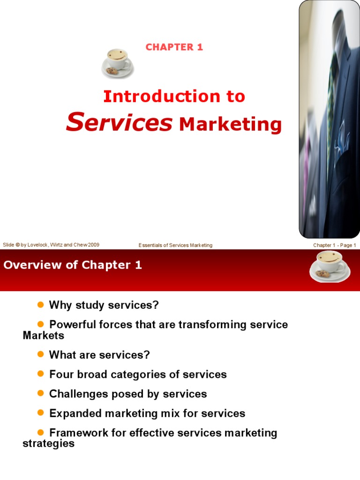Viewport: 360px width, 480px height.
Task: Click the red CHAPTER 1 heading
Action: pos(174,47)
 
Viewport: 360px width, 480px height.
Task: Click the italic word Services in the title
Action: pos(119,122)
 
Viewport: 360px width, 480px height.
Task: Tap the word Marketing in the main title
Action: pos(230,125)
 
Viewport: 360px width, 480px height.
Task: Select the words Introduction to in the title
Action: pos(174,97)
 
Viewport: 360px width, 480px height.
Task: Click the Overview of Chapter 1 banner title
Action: pos(73,265)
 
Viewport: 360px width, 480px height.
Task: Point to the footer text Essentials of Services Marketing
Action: pos(175,245)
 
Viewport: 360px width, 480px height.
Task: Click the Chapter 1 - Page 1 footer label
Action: pos(335,245)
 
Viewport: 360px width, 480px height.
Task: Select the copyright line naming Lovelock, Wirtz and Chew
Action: pos(51,245)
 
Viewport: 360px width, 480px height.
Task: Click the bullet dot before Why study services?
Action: pos(40,305)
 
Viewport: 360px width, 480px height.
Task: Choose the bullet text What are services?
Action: pos(99,355)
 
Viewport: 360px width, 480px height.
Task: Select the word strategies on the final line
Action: pos(48,443)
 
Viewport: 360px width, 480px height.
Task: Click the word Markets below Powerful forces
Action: pos(43,336)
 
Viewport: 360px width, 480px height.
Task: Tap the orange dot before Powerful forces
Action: pos(40,324)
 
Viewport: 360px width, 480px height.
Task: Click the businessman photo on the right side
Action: pos(329,120)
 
